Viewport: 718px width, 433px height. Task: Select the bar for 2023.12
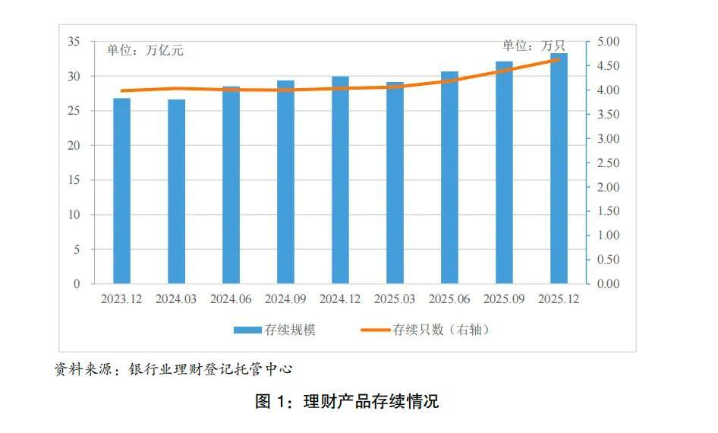point(121,191)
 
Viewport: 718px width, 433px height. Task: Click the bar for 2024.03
point(176,191)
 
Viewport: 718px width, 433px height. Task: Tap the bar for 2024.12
point(340,180)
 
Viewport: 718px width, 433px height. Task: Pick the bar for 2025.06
point(449,178)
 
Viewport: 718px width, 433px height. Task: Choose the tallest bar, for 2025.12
point(559,169)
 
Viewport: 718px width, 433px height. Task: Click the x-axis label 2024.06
point(231,299)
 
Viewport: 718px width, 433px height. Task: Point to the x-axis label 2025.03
point(395,299)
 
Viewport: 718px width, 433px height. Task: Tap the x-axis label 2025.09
point(504,299)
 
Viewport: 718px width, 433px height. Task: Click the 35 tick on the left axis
point(74,42)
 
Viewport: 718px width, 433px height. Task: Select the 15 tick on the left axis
point(74,180)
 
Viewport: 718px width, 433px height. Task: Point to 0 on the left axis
point(77,284)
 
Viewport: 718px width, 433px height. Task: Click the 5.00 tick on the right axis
point(609,42)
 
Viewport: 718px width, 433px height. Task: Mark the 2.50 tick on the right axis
point(609,163)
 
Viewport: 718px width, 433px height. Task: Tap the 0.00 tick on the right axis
point(609,284)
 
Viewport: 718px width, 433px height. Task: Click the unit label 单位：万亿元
point(145,51)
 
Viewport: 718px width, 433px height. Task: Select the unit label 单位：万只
point(534,46)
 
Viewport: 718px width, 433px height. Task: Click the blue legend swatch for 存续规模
point(247,330)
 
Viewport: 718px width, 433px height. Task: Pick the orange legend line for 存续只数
point(375,330)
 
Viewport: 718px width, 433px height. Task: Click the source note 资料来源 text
point(173,370)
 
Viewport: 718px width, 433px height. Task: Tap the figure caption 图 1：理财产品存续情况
point(347,401)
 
